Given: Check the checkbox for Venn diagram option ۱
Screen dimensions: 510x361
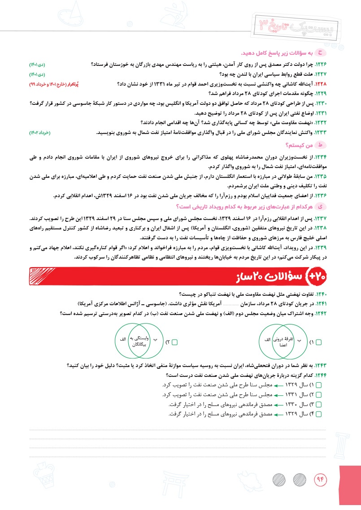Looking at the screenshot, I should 319,342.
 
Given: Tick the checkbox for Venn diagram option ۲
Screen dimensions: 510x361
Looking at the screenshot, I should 175,342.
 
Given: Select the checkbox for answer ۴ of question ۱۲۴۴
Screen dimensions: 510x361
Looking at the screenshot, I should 319,413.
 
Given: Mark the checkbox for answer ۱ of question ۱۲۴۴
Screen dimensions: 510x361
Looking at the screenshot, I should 319,385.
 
